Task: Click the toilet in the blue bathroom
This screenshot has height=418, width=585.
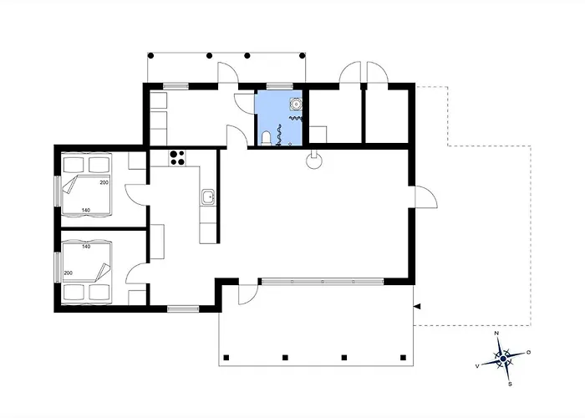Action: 266,138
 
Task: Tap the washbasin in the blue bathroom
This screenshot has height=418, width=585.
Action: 296,104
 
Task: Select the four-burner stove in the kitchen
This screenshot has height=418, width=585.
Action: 177,157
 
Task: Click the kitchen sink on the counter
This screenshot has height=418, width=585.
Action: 208,196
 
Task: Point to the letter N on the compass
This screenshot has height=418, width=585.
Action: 496,334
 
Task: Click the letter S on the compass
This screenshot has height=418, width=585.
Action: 510,384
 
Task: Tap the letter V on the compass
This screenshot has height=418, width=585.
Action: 477,366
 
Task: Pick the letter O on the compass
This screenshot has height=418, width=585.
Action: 529,352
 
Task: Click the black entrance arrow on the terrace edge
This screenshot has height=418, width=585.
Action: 417,307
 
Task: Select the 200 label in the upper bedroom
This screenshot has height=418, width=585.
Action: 104,182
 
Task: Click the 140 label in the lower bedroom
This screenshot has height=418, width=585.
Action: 86,247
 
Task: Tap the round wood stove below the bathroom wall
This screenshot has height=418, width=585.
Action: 313,161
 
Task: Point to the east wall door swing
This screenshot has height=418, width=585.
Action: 425,196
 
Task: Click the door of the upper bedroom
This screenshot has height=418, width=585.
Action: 136,195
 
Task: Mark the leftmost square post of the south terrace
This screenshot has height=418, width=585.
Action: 226,358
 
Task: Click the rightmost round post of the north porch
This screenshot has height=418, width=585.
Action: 303,56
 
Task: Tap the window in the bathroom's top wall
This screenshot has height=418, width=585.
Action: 280,87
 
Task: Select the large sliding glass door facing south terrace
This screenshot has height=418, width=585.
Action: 323,282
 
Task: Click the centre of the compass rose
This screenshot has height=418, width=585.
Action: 503,359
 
